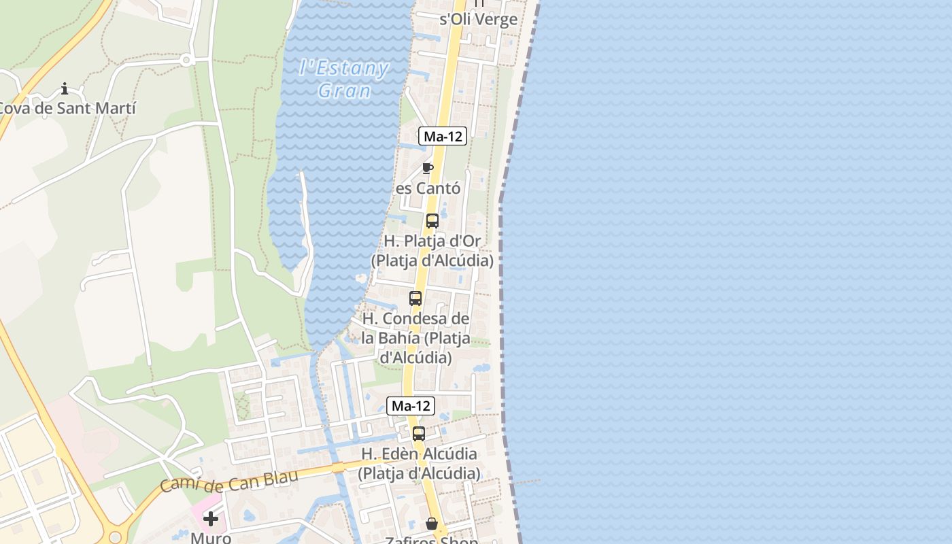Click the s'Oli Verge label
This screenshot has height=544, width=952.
coord(479,19)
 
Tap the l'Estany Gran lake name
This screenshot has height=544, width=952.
coord(344,79)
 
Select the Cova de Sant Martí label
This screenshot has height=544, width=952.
coord(66,108)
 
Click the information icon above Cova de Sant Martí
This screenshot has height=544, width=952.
coord(65,88)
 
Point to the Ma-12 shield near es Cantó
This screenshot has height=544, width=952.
coord(443,136)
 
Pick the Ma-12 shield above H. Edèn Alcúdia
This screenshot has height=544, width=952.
coord(411,406)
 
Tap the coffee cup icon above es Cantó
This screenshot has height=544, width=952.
coord(428,168)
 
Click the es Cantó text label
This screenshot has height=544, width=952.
coord(428,188)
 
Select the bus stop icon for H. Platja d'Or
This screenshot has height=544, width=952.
coord(432,221)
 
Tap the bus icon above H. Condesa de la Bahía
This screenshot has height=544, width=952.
coord(415,299)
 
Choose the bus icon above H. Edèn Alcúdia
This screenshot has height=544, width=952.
coord(419,434)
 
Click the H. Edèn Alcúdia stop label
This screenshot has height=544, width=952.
coord(419,463)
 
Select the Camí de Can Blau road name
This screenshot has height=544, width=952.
coord(230,480)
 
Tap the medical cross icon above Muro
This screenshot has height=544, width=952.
coord(211,519)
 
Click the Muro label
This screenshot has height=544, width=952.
coord(211,538)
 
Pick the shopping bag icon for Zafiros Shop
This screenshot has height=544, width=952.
coord(432,524)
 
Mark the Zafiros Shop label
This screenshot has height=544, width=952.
coord(432,541)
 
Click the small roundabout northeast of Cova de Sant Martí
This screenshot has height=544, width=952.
coord(185,61)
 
